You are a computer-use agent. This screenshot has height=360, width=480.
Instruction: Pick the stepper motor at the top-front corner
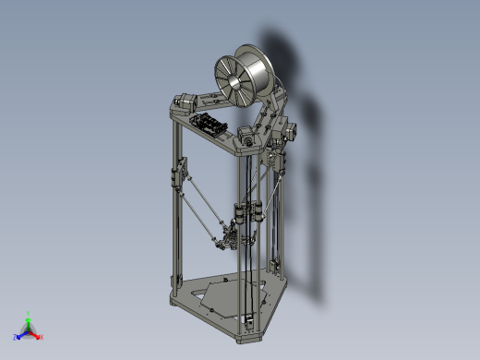246,138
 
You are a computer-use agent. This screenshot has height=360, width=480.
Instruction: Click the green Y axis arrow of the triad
29,319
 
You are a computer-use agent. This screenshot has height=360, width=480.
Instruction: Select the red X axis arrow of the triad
37,334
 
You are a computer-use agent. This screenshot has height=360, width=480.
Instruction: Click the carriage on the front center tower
243,214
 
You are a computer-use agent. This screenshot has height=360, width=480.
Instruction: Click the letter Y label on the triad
30,312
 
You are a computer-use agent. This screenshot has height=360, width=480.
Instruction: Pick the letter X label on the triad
42,337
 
